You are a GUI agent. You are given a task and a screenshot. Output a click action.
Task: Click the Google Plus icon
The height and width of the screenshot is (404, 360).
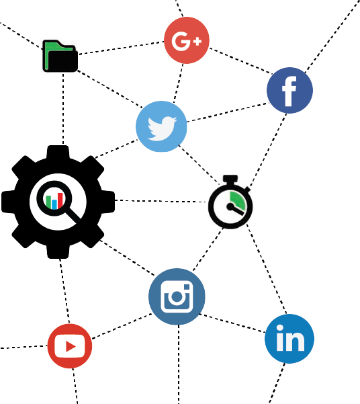187,40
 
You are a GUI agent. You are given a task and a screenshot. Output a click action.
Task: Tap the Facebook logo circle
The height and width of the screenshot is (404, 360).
289,90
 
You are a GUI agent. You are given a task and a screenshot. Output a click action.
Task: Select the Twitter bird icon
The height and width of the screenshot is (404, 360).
161,126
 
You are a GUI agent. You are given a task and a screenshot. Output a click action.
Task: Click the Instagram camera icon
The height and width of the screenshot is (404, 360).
177,296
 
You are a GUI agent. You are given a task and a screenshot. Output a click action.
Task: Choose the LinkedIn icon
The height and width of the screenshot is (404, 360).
289,339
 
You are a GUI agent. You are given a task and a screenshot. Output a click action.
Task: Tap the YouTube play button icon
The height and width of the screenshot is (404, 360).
70,346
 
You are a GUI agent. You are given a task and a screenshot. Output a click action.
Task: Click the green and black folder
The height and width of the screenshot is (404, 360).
60,56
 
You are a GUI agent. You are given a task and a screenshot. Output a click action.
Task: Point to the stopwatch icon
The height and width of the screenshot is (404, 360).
230,202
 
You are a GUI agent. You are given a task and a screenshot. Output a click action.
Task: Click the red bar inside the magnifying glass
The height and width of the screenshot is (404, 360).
60,200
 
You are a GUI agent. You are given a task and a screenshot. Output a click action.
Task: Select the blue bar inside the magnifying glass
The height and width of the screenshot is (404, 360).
54,204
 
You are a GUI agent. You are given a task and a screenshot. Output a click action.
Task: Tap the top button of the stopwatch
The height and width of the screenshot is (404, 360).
230,178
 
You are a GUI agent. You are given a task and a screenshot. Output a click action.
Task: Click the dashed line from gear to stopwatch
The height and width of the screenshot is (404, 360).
161,201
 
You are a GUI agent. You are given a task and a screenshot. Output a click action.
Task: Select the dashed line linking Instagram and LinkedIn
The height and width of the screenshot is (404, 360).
232,323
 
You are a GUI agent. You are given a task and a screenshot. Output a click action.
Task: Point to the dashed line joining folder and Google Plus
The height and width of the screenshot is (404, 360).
122,48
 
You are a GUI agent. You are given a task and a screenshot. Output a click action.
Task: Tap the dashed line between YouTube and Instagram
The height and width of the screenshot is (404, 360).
122,326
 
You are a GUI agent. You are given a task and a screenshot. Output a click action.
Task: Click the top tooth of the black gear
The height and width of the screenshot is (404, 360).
58,151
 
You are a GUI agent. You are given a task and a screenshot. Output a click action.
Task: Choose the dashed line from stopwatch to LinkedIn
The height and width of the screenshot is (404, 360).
267,270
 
